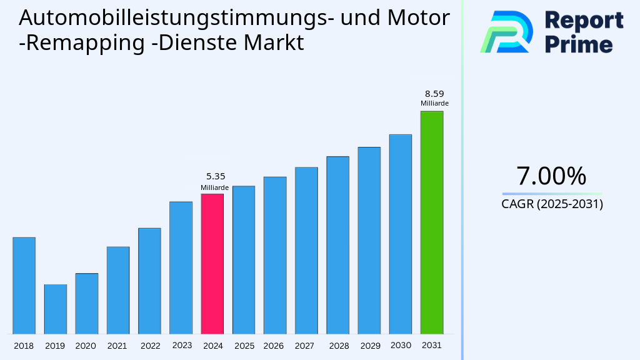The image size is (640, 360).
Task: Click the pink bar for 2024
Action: tap(212, 264)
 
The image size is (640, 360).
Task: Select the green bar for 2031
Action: tap(431, 222)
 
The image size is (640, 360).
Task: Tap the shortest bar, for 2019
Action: tap(55, 309)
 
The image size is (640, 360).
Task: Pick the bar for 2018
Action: tap(24, 286)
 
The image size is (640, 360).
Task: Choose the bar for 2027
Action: tap(306, 251)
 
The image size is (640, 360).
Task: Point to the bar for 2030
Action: tap(400, 234)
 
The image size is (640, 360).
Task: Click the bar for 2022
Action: tap(149, 281)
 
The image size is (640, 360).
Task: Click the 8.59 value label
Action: tap(434, 94)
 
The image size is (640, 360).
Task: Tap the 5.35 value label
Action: tap(216, 177)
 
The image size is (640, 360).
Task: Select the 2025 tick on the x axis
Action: tap(244, 346)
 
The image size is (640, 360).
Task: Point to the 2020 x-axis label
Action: tap(86, 346)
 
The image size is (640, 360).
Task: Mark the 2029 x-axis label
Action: tap(369, 346)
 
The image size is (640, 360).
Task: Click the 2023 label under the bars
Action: tap(181, 346)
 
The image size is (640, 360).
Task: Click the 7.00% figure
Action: tap(551, 176)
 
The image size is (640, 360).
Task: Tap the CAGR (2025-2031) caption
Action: tap(552, 204)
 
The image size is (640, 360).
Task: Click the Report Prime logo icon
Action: tap(506, 31)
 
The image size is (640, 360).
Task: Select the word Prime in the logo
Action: tap(579, 44)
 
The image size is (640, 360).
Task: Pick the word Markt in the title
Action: tap(275, 43)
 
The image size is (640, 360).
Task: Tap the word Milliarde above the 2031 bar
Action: tap(434, 104)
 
